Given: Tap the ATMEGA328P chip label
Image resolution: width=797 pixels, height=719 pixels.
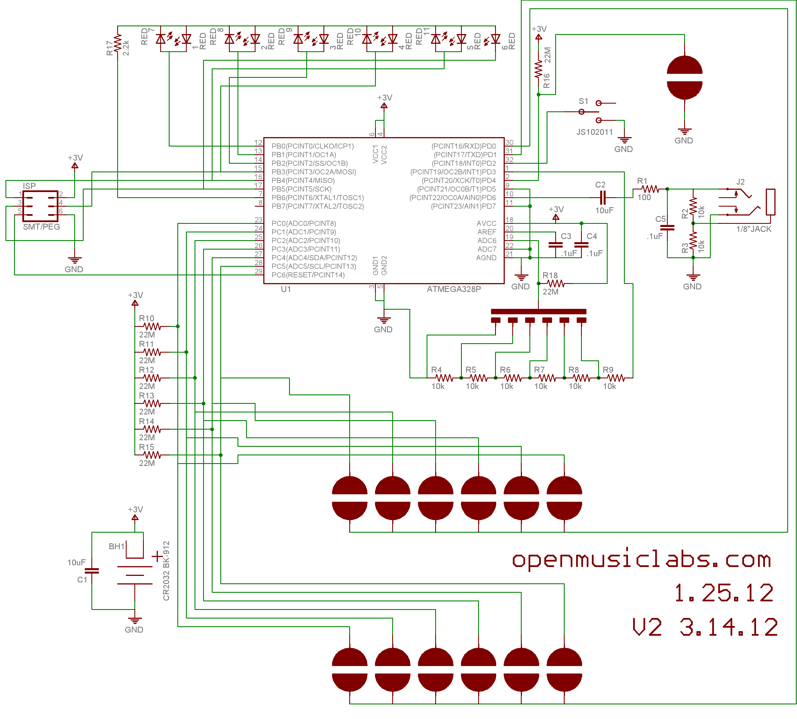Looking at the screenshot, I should tap(454, 289).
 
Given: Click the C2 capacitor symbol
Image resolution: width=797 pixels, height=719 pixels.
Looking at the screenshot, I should tap(602, 197).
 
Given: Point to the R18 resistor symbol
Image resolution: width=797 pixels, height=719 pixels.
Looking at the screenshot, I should tap(555, 284).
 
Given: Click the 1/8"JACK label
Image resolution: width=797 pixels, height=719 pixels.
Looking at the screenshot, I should tap(753, 229).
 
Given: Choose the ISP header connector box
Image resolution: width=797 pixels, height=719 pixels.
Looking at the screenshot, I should tap(40, 206).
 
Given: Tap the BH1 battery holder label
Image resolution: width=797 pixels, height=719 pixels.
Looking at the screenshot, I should tap(116, 546).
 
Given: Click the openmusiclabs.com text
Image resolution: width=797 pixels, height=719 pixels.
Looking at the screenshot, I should tap(641, 560).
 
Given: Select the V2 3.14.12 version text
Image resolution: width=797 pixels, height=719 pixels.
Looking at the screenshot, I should tap(704, 627).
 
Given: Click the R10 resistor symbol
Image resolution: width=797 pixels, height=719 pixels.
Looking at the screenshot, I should tap(152, 327).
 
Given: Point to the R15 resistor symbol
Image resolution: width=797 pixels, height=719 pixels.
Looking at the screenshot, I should tap(152, 455).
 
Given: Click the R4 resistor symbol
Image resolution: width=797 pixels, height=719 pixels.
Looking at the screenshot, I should tap(444, 378).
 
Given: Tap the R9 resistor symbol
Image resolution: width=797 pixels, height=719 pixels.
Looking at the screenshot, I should tap(616, 378).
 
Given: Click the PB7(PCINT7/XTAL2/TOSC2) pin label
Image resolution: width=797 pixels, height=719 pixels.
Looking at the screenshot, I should tap(317, 206).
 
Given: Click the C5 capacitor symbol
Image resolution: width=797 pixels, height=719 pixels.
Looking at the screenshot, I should tap(667, 228).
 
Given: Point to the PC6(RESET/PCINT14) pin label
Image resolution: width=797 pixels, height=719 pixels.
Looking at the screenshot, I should tap(308, 275).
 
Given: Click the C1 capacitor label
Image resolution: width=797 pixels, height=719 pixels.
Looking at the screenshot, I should tap(82, 580).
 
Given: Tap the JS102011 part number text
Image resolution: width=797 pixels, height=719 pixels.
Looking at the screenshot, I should tap(594, 132).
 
